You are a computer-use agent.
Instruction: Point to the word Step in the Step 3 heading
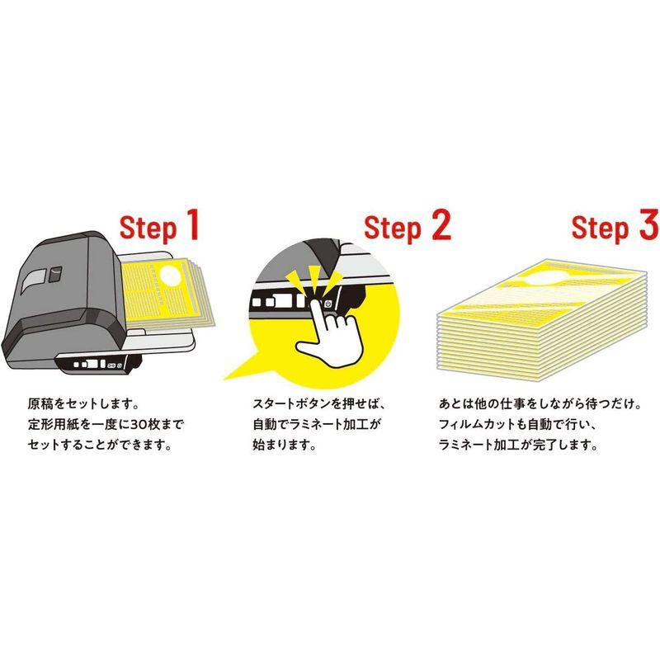click(600, 229)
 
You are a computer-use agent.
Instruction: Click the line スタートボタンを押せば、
click(318, 405)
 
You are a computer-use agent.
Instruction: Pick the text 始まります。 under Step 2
click(285, 445)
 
